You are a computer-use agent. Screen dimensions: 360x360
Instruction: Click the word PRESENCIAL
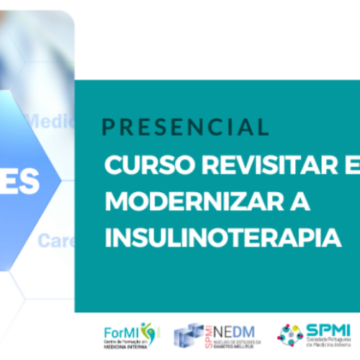point(185,128)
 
